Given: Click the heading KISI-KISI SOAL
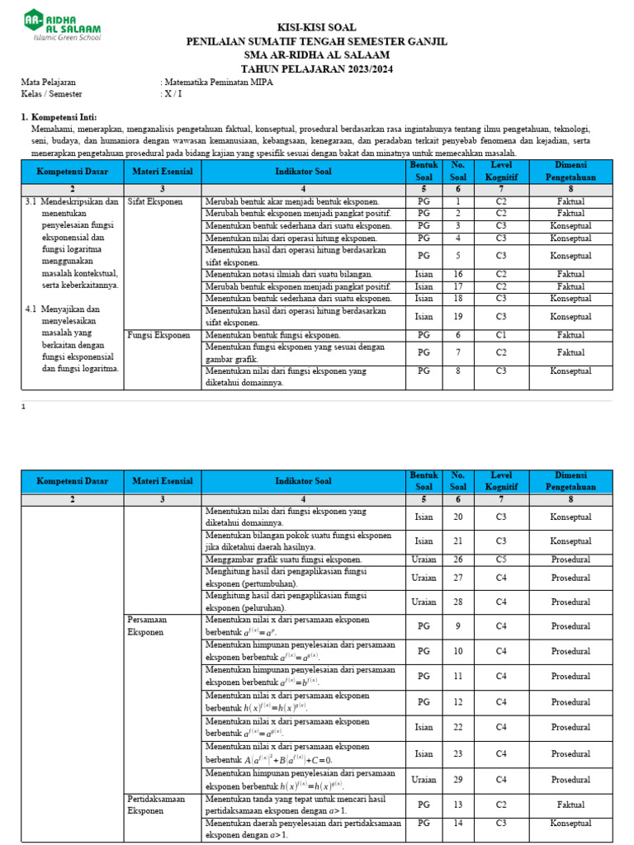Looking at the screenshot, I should point(316,27).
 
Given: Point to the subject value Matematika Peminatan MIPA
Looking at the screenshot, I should point(218,83).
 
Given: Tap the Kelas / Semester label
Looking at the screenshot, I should point(51,94).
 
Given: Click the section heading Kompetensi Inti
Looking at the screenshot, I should point(63,119).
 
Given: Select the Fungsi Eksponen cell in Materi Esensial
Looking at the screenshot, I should point(159,335).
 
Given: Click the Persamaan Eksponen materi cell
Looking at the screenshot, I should point(146,625).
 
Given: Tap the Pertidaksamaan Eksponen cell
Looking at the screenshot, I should point(156,805).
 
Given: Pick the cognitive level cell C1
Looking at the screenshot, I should point(500,335).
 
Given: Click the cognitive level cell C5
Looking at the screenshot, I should point(500,559).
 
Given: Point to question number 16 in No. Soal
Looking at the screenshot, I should point(457,274).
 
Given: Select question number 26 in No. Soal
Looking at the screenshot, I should point(457,559).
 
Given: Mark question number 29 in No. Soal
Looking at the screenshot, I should point(457,780).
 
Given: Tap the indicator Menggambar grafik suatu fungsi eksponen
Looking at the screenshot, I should point(284,559).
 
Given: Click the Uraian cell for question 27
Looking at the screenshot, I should point(424,578).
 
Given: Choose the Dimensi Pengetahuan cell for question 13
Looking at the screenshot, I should point(570,805).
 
